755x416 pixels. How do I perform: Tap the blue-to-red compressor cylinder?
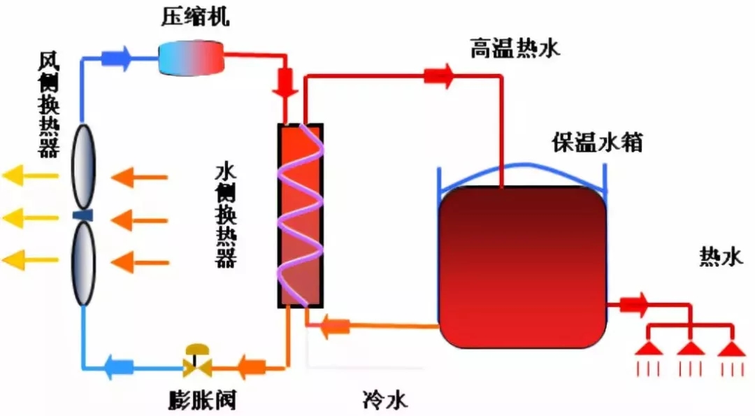(190, 58)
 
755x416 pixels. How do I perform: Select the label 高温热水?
(515, 49)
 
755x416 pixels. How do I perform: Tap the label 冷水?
(384, 400)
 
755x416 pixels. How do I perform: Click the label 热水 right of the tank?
(719, 257)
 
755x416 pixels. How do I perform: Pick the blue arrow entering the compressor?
(117, 58)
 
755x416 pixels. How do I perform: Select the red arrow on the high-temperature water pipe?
(439, 74)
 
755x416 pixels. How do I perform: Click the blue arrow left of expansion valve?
(118, 365)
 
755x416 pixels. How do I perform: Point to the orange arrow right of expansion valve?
(250, 365)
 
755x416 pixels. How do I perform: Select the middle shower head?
(691, 349)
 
